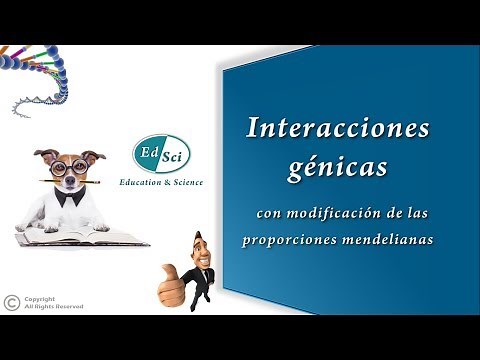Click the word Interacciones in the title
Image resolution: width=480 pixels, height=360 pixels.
(x=338, y=128)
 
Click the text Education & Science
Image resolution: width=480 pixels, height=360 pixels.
(x=161, y=182)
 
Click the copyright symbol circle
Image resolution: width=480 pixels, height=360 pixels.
(x=11, y=301)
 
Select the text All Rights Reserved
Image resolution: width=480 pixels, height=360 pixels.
(x=54, y=307)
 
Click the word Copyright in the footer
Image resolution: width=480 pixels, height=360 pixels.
(x=40, y=298)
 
